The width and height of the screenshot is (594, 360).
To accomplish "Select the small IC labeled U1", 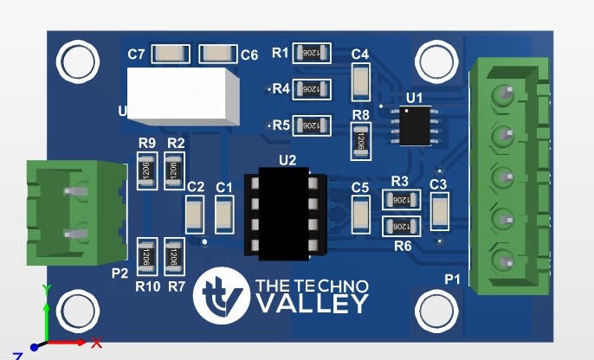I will (413, 125).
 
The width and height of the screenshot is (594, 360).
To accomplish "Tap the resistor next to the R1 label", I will (312, 54).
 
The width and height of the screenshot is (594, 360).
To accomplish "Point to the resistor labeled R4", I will (312, 88).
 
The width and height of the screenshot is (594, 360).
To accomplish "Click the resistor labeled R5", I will (312, 125).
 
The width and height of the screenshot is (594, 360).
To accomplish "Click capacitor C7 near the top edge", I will (170, 55).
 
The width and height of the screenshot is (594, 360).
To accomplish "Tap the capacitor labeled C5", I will (362, 213).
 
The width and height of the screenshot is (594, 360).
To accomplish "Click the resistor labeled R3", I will (401, 199).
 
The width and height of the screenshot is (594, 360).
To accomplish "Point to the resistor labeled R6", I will (401, 227).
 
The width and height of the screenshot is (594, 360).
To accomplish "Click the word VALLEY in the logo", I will (313, 304).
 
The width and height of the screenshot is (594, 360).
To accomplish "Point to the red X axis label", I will (97, 342).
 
